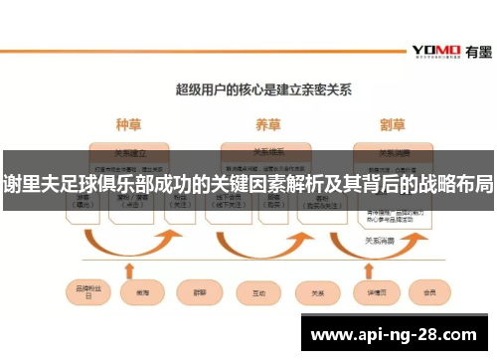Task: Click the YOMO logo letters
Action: (x=434, y=49)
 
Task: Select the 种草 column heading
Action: (x=129, y=125)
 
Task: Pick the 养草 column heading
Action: (x=267, y=125)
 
